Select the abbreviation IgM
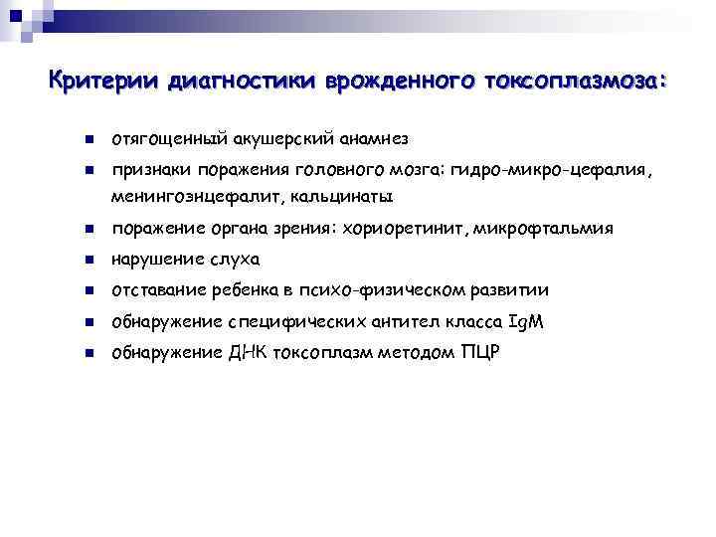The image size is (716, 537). coord(526,321)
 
